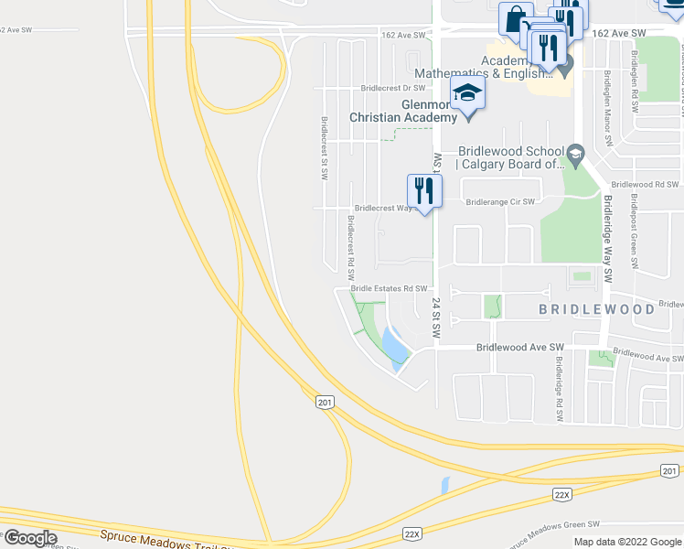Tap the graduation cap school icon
point(467,92)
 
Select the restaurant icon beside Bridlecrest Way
point(424,190)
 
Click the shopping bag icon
point(516,18)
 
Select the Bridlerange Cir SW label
point(499,202)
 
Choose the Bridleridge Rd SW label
point(557,388)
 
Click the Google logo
point(30,537)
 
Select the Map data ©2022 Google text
point(627,542)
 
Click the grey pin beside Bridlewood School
point(575,152)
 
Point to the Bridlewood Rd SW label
point(645,184)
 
